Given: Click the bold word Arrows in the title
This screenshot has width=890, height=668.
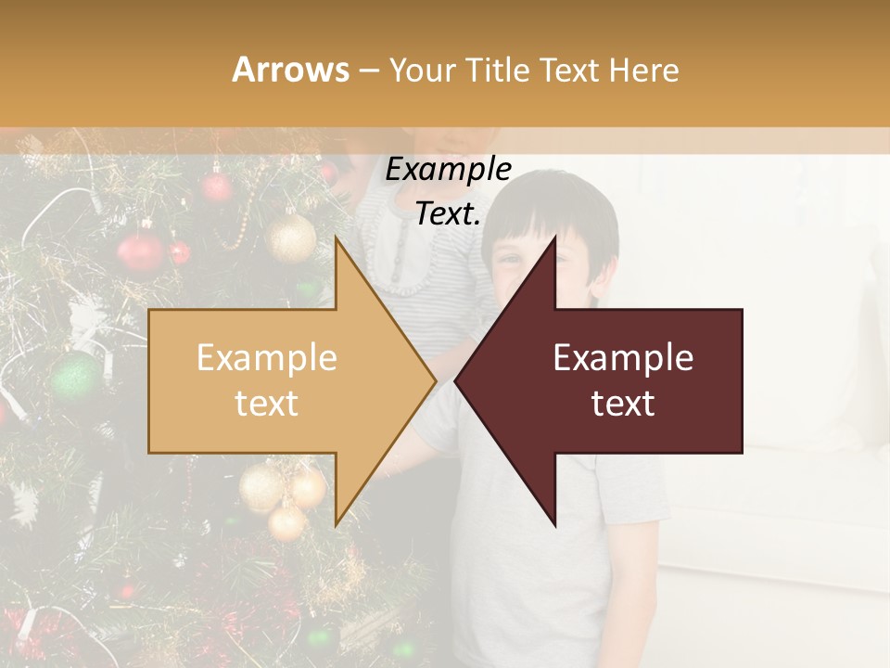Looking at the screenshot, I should [290, 70].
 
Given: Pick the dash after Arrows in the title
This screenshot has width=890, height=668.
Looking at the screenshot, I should [368, 71].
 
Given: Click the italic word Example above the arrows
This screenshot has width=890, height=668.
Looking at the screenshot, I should [448, 170].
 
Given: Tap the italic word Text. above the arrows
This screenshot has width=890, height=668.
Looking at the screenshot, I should [448, 214].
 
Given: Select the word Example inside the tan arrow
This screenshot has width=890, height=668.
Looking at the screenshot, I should [267, 358].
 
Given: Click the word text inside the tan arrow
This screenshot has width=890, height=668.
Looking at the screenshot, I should [267, 403].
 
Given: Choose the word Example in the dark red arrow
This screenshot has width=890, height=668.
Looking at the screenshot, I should [623, 358].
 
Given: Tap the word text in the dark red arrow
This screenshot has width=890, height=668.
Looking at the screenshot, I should [623, 403].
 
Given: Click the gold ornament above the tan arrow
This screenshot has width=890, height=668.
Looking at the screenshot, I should [291, 238].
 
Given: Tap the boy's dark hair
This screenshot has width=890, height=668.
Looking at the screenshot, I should [556, 209].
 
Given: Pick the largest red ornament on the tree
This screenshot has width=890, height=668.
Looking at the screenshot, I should [141, 251].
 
